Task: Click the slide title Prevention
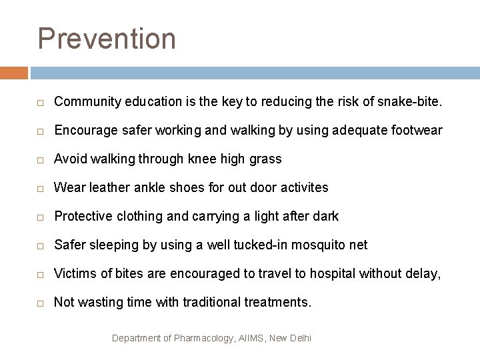[107, 39]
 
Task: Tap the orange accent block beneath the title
[14, 72]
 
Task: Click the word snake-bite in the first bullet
[412, 102]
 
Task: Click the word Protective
[82, 217]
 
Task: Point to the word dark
[325, 217]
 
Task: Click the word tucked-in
[257, 245]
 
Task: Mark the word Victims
[74, 274]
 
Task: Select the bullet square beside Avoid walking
[41, 160]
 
